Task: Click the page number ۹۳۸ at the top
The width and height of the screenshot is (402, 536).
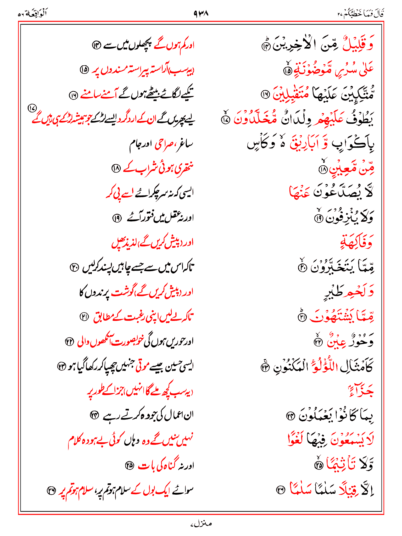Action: [201, 13]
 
